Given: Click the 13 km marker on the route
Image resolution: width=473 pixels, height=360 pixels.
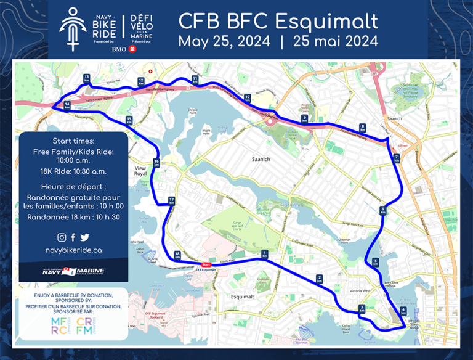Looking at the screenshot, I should (86, 78).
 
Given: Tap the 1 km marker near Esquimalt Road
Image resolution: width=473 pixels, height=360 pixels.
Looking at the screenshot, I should (264, 254).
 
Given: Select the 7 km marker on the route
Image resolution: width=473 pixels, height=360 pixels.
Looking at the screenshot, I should (397, 158).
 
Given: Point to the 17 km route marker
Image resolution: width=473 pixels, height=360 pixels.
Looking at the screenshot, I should (171, 200).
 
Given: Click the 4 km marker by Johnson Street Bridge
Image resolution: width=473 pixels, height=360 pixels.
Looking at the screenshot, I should (403, 312).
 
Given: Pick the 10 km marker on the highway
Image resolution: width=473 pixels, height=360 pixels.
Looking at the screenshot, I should (247, 97).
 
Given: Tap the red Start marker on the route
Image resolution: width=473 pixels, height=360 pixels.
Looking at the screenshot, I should (206, 265).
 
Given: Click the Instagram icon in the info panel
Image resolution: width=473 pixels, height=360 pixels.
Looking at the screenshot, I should (62, 237).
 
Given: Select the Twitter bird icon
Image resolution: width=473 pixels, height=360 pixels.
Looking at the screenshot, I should (84, 237).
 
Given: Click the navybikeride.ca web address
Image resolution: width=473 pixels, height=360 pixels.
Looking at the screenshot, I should (73, 250).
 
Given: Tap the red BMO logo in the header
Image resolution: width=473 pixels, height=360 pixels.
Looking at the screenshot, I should (132, 49).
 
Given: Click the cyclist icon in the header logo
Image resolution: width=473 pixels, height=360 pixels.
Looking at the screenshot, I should (73, 28).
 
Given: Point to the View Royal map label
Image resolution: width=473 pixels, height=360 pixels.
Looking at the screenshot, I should (142, 170).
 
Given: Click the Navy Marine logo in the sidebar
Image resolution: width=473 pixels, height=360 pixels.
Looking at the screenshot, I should (73, 271).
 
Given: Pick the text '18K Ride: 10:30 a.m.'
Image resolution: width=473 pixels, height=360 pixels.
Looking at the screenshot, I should (73, 171).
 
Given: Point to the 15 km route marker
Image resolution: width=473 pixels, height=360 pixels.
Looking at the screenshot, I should (129, 120).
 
